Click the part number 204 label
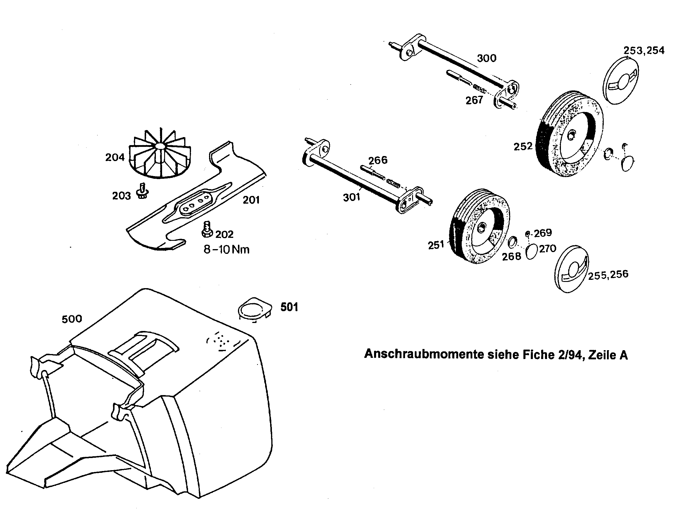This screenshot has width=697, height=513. [x=115, y=158]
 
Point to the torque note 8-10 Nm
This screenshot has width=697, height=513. [x=226, y=249]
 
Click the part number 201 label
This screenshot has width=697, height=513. [x=251, y=200]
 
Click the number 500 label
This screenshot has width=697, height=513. [x=72, y=319]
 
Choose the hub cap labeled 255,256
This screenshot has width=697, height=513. [x=571, y=269]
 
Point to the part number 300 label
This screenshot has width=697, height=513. [x=487, y=58]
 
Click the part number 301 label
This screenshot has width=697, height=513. [x=351, y=197]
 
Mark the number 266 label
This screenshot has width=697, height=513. [x=378, y=160]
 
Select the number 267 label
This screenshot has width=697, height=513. [x=474, y=100]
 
